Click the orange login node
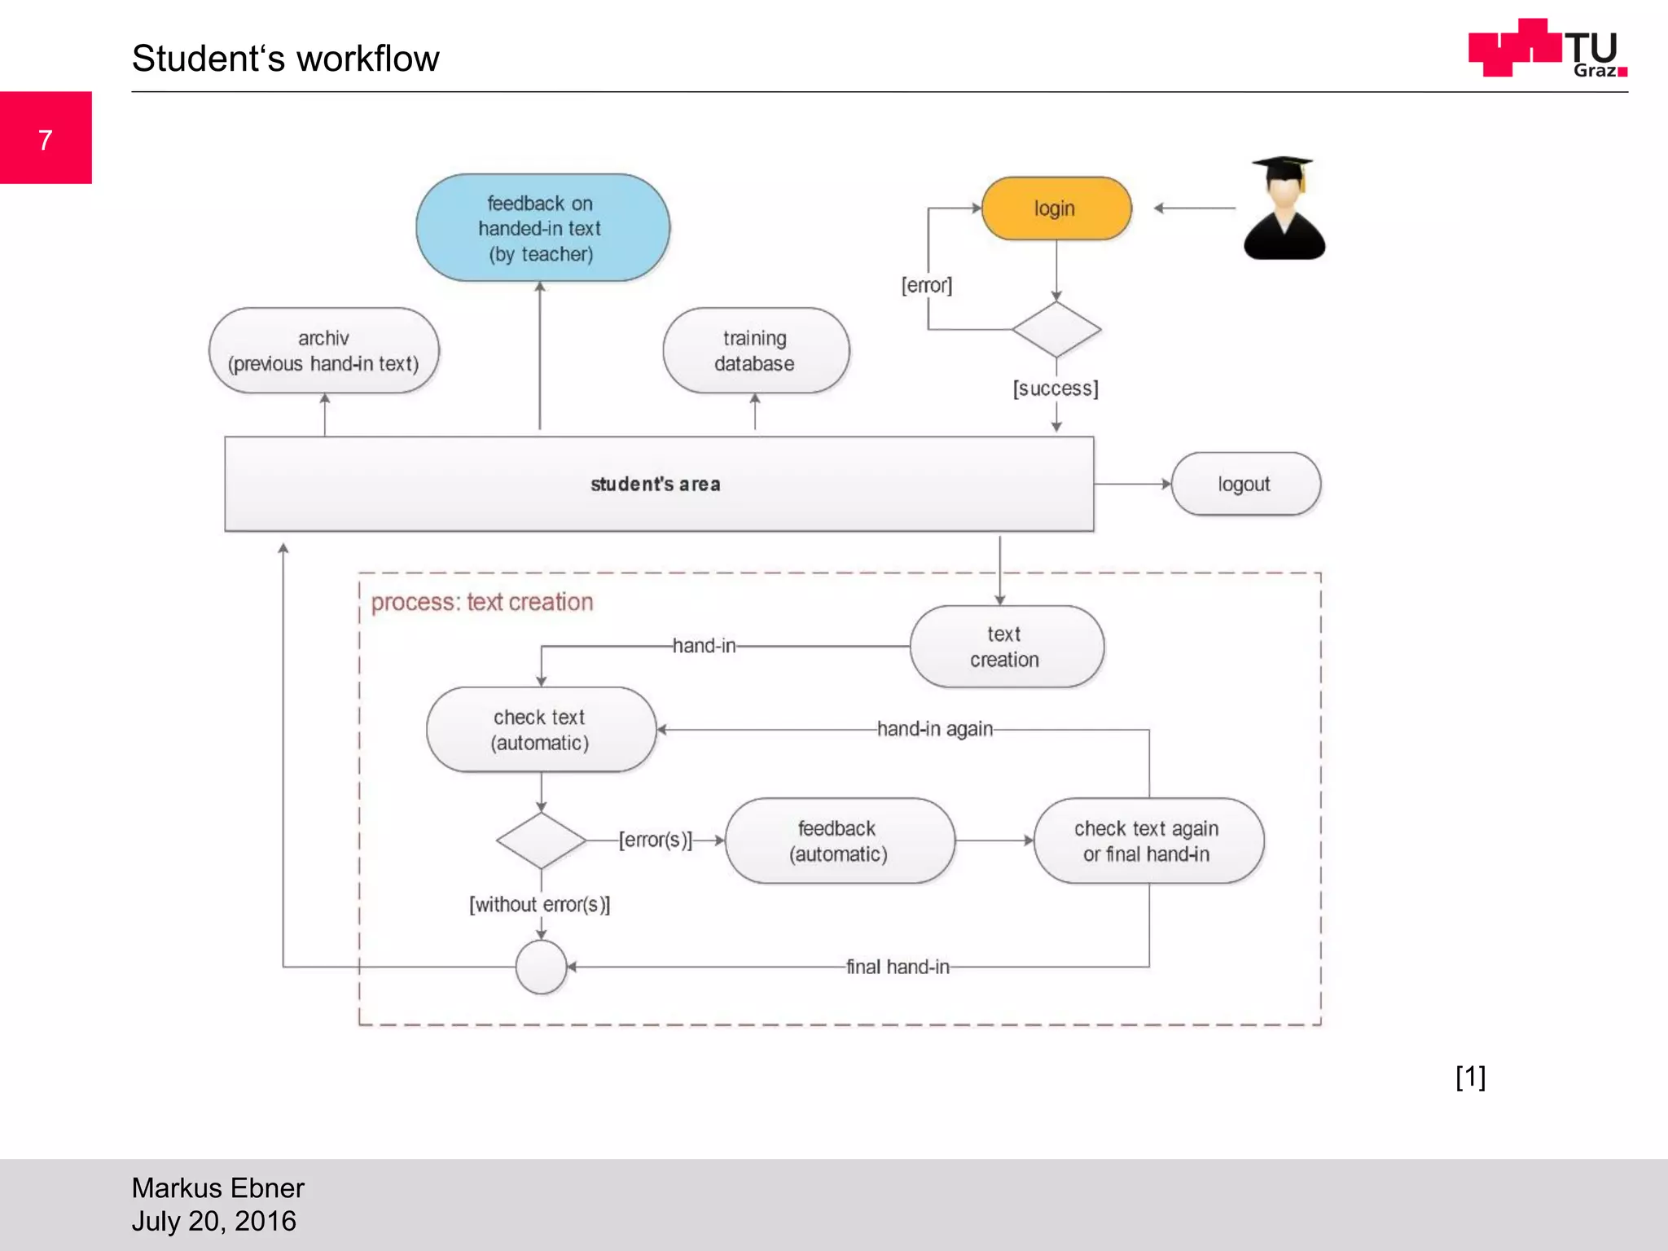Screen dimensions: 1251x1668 pyautogui.click(x=1056, y=208)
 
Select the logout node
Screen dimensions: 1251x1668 pyautogui.click(x=1244, y=484)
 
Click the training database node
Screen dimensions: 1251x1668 pyautogui.click(x=755, y=351)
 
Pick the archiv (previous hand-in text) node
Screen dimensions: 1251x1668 pyautogui.click(x=323, y=351)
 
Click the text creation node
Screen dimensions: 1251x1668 pyautogui.click(x=1006, y=647)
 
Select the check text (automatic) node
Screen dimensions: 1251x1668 pyautogui.click(x=540, y=730)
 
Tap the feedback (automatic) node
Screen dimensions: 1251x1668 pyautogui.click(x=839, y=841)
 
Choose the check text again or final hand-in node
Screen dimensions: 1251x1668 pyautogui.click(x=1148, y=841)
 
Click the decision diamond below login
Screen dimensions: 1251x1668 pyautogui.click(x=1056, y=330)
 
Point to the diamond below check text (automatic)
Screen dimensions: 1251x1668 pyautogui.click(x=541, y=841)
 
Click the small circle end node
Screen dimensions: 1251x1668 pyautogui.click(x=541, y=967)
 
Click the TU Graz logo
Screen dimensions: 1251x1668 pyautogui.click(x=1547, y=49)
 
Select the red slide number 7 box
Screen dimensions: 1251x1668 pyautogui.click(x=46, y=138)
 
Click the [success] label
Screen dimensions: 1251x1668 pyautogui.click(x=1056, y=388)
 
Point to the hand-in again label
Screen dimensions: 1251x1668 pyautogui.click(x=934, y=729)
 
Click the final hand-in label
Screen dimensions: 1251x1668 pyautogui.click(x=898, y=967)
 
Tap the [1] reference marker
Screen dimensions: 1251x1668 pyautogui.click(x=1470, y=1077)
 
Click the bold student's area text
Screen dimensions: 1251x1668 pyautogui.click(x=656, y=484)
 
